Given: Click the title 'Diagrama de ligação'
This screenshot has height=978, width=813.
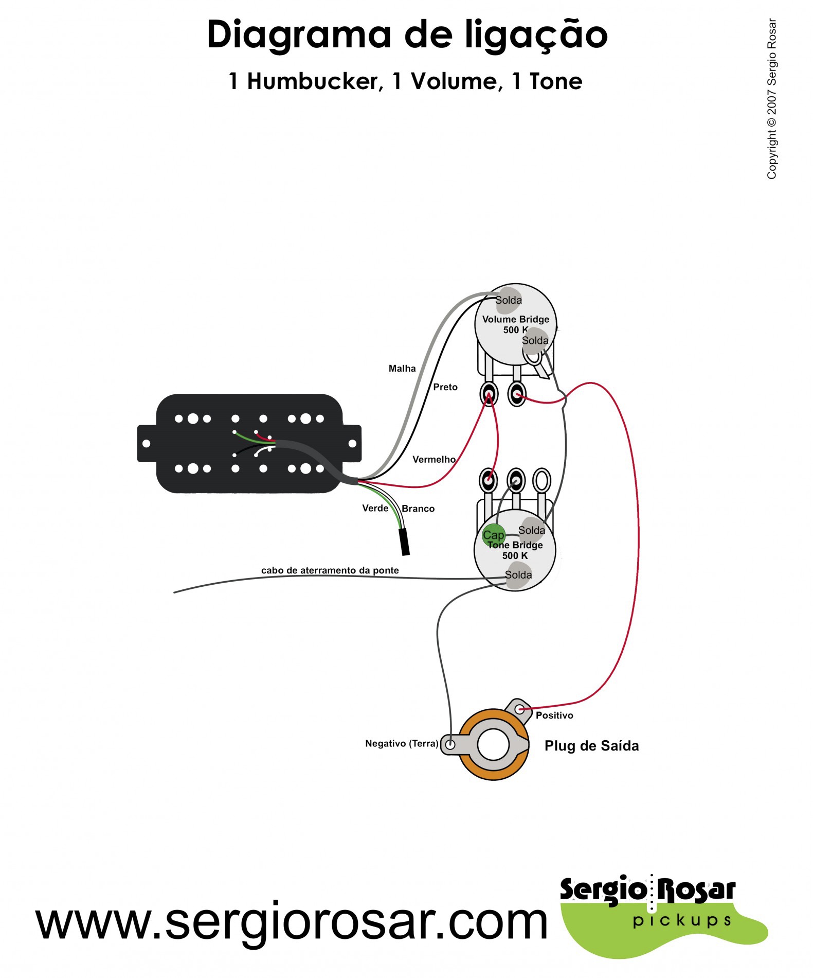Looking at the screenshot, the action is coord(407,35).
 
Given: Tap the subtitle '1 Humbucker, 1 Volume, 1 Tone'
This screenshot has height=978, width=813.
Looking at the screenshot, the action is coord(405,81).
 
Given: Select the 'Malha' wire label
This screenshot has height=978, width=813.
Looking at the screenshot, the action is coord(402,369).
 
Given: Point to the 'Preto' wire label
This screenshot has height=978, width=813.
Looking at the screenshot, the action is coord(445,387).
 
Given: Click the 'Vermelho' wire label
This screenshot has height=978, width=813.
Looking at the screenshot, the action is coord(434,459).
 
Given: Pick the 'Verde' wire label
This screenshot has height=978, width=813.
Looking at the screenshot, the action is coord(375,508).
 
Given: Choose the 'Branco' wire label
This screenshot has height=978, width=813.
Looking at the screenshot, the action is coord(418,509).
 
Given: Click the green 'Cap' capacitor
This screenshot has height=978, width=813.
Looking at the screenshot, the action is coord(493,535).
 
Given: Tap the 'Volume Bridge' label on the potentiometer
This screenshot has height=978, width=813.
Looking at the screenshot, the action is coord(515,319).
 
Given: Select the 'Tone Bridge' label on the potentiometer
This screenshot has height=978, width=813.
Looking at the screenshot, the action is coord(515,545).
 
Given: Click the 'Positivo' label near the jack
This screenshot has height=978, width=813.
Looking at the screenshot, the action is coord(554,715).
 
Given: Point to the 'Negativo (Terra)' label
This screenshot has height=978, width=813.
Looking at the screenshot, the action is coord(402,743).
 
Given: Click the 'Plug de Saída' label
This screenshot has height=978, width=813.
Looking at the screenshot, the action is coord(591,746).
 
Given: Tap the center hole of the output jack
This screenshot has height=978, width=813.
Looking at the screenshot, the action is coord(493,744).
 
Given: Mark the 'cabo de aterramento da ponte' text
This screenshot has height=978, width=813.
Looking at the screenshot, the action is coord(330,570).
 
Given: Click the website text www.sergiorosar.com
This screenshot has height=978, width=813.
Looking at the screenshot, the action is coord(292,922).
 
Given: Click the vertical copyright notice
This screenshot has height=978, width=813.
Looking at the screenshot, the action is coord(771,99).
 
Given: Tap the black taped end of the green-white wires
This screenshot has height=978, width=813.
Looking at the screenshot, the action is coord(405,542).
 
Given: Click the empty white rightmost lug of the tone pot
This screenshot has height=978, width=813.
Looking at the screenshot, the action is coord(541,481).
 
